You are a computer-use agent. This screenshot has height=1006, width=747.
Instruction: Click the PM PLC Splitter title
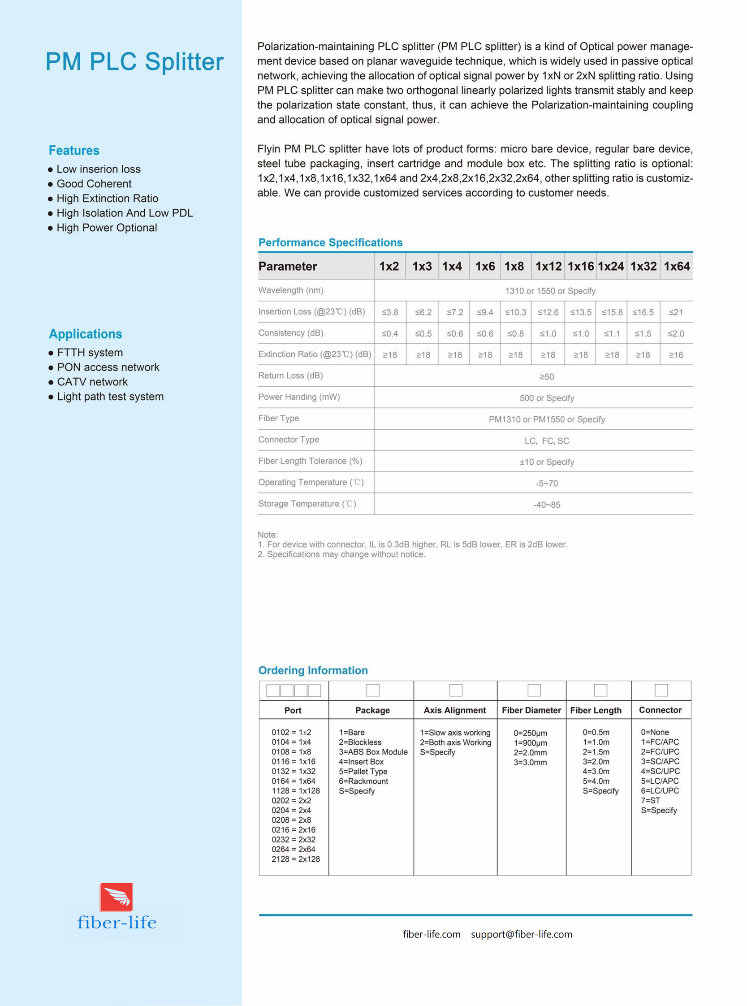[134, 62]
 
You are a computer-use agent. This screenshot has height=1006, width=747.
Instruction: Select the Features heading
[73, 151]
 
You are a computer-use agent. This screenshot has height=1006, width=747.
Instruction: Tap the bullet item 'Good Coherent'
[94, 184]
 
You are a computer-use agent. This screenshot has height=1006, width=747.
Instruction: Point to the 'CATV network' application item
[92, 382]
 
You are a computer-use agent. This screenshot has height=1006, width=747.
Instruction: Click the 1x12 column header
[548, 266]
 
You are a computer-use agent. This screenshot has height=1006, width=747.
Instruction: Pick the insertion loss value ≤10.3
[515, 312]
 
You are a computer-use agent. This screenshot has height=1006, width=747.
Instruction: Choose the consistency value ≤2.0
[676, 334]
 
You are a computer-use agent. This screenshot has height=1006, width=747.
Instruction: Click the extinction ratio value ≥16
[676, 355]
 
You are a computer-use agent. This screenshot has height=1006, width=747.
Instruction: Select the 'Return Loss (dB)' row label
[290, 376]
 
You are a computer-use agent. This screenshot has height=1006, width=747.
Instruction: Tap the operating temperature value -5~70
[547, 484]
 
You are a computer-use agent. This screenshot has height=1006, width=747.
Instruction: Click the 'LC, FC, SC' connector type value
[547, 441]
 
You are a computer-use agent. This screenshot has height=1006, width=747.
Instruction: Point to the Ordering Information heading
[313, 670]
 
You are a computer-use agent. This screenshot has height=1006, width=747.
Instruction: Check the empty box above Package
[372, 691]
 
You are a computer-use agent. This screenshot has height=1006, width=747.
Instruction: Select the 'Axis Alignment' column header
[454, 710]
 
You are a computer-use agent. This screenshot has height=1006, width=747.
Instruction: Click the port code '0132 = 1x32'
[294, 771]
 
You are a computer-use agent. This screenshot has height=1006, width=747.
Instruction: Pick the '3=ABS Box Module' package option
[373, 752]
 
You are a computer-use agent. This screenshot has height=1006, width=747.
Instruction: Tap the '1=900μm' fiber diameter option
[530, 743]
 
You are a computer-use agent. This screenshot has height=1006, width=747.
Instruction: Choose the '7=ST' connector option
[650, 800]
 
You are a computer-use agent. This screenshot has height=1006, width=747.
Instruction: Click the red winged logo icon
[116, 897]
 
